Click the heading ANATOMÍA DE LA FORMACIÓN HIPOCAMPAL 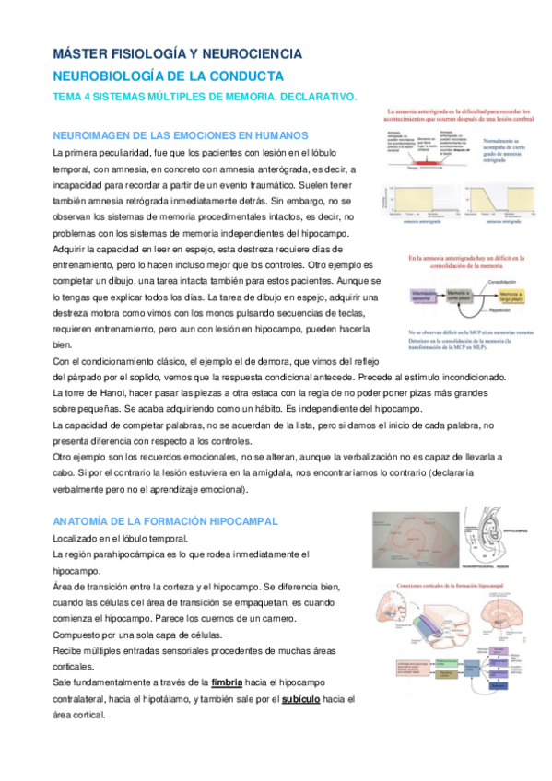coord(166,521)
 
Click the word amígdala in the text coord(276,472)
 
